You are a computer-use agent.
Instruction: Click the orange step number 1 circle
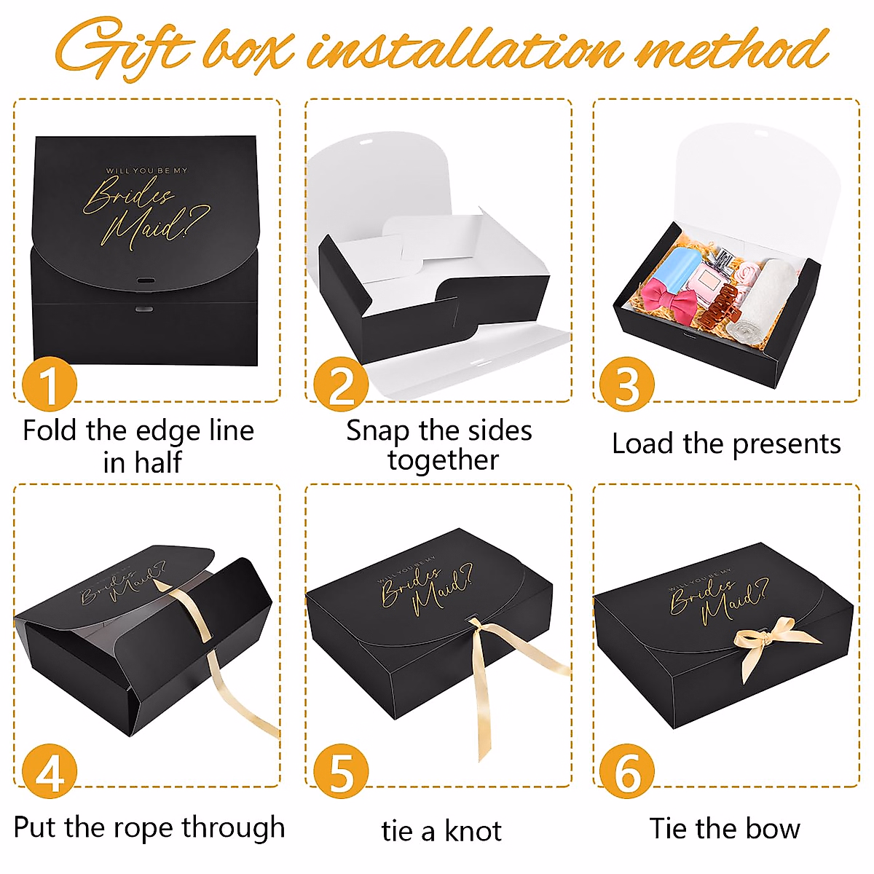[49, 384]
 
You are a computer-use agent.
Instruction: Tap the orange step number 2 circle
[340, 384]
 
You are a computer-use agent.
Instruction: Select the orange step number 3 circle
[626, 384]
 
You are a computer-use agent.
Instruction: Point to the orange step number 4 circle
[49, 771]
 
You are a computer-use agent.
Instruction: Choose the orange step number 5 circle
[340, 771]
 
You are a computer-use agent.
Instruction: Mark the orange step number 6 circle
[626, 771]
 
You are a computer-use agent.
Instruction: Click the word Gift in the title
[124, 50]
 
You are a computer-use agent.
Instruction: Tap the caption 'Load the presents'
[726, 444]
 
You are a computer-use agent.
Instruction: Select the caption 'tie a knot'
[441, 830]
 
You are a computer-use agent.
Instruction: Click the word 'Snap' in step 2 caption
[377, 431]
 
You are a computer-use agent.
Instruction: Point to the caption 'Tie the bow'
[725, 829]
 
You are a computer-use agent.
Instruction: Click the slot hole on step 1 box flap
[146, 280]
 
